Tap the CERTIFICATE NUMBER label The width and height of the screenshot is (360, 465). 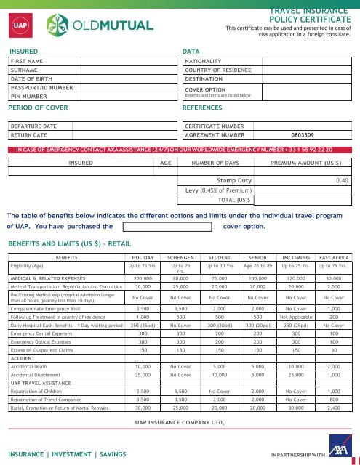215,126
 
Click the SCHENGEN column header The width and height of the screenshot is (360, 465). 182,257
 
